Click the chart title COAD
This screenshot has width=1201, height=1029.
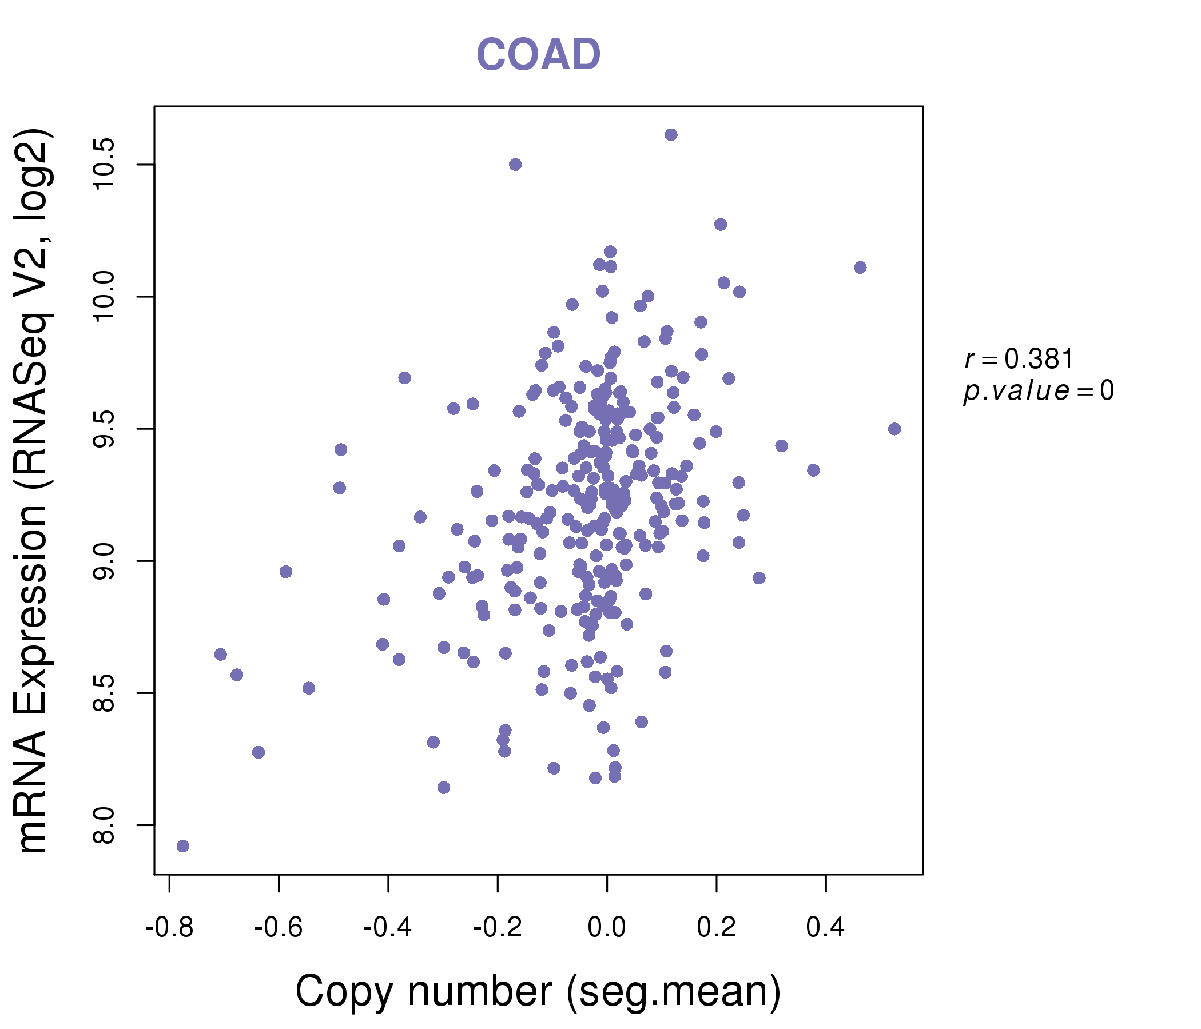(538, 55)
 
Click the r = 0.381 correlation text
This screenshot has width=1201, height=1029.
(1019, 359)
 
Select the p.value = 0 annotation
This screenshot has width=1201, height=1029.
(1038, 391)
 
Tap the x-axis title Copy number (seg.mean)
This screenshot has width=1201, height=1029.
(538, 991)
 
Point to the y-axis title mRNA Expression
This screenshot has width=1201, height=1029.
(34, 491)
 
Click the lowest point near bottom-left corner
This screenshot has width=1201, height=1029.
(182, 846)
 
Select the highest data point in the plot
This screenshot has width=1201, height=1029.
(671, 135)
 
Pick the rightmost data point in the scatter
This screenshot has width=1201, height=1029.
(894, 429)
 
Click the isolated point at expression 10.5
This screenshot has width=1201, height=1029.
(515, 165)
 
